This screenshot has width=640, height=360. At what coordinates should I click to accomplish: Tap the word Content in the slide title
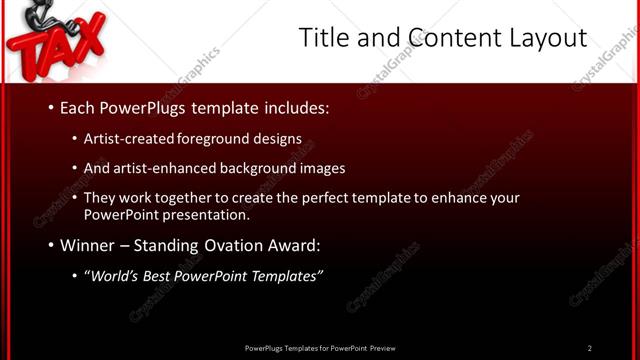click(447, 38)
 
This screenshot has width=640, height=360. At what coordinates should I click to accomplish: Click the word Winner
click(86, 245)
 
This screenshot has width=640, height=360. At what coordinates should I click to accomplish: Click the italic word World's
click(109, 276)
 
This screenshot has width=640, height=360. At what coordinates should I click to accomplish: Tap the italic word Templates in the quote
click(287, 276)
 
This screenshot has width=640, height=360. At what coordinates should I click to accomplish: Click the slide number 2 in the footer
click(590, 348)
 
